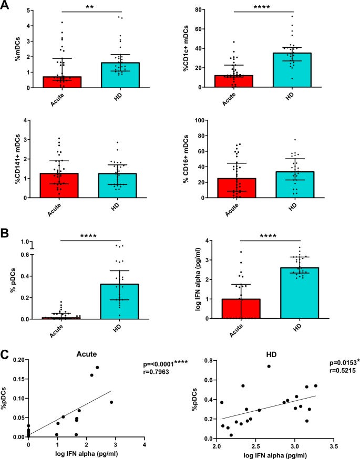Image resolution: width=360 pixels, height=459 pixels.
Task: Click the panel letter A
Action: click(6, 6)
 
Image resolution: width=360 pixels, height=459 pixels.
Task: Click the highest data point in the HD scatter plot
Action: click(269, 381)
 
